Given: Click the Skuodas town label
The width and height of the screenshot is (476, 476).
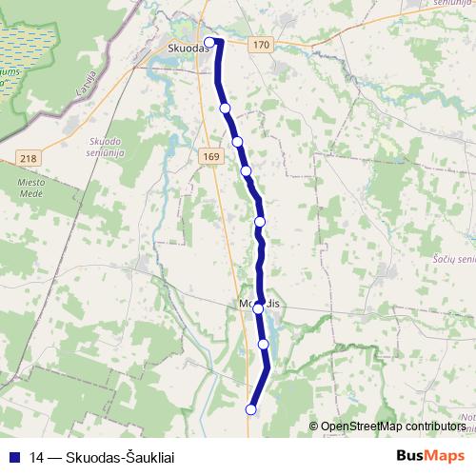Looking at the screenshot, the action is pyautogui.click(x=187, y=45).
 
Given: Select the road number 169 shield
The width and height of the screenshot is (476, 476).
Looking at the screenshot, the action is pyautogui.click(x=211, y=155).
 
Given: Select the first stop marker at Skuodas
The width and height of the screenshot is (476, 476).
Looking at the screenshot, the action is pyautogui.click(x=211, y=41).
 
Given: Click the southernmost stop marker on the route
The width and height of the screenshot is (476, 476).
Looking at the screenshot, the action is pyautogui.click(x=251, y=409).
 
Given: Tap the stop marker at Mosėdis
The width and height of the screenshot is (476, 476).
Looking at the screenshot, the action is pyautogui.click(x=258, y=308).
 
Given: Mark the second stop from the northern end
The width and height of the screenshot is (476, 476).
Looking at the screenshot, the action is pyautogui.click(x=226, y=109).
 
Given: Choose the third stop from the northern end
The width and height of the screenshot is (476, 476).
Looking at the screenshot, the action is pyautogui.click(x=237, y=142).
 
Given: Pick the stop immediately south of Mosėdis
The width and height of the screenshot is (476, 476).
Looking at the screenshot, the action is pyautogui.click(x=264, y=344).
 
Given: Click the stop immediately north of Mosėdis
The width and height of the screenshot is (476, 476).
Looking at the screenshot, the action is pyautogui.click(x=260, y=222).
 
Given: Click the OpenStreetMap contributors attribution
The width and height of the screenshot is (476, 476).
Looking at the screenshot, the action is pyautogui.click(x=393, y=426).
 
